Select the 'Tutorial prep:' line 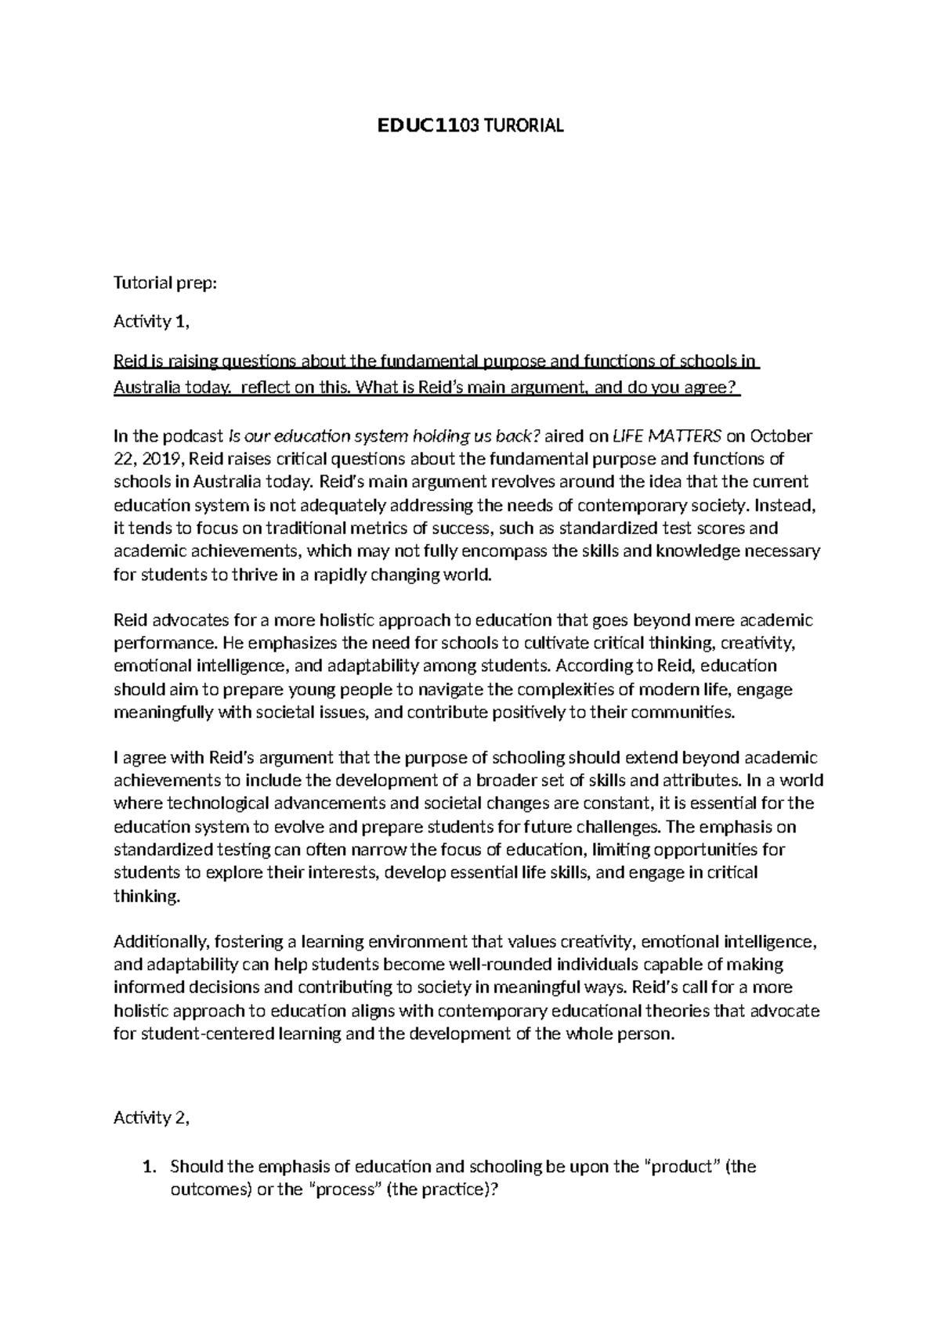point(164,284)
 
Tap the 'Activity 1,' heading point(152,322)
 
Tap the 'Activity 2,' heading point(152,1118)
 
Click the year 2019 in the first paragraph point(162,459)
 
